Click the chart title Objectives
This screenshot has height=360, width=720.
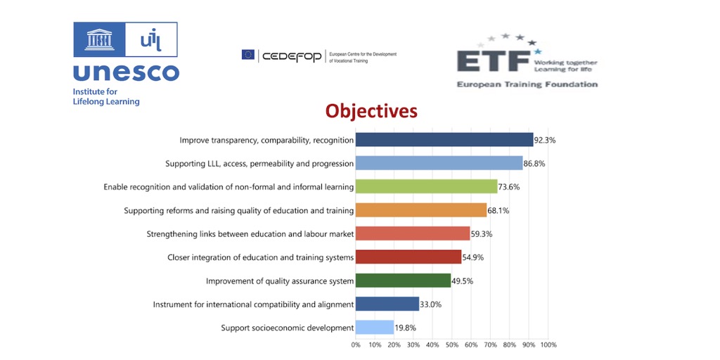point(371,111)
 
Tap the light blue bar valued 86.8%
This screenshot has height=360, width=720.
point(439,164)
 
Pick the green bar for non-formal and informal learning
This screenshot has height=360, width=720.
point(426,186)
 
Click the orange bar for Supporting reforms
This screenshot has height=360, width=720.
point(421,210)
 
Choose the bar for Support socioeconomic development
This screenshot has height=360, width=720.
point(375,328)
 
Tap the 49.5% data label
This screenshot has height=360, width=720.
point(463,281)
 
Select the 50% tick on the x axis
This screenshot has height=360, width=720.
point(452,345)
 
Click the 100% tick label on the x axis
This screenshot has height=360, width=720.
point(548,345)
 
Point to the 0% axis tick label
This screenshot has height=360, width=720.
point(356,345)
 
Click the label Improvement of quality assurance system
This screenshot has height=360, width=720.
point(279,281)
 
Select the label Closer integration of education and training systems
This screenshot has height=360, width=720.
point(260,257)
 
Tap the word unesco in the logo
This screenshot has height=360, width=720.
point(126,72)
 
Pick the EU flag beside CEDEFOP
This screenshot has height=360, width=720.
point(248,55)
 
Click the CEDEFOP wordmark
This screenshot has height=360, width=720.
point(292,56)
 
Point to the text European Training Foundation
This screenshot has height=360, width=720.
point(527,84)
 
